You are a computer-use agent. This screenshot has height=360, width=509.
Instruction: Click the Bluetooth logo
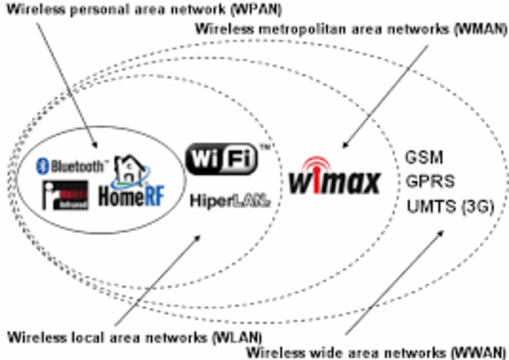point(72,167)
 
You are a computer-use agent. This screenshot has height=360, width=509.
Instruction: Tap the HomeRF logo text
point(131,195)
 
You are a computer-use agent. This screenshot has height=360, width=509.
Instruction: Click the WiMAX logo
point(334,181)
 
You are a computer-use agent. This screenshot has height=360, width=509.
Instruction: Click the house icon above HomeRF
point(130,168)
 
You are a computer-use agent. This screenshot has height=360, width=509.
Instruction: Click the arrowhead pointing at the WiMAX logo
point(345,146)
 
